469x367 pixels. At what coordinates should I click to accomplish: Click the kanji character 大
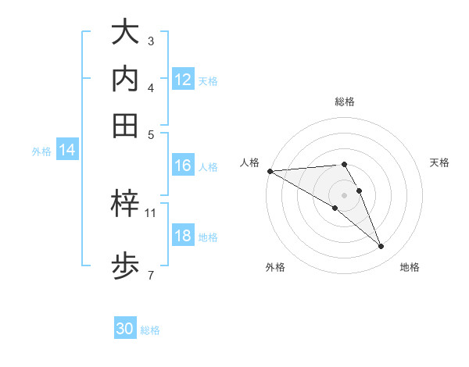(x=126, y=33)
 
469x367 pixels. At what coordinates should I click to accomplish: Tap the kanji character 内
(x=126, y=79)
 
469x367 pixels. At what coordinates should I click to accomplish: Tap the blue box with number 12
(x=183, y=79)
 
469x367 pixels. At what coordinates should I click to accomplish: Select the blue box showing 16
(x=183, y=166)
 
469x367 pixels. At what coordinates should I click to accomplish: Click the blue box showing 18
(x=183, y=236)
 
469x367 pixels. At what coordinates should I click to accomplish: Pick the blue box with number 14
(x=67, y=151)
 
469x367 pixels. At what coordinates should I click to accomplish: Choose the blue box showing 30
(x=125, y=329)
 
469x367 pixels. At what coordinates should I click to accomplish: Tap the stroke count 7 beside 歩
(x=150, y=274)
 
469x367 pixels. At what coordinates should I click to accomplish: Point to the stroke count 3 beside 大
(x=150, y=40)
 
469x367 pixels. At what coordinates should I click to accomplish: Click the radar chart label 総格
(x=345, y=102)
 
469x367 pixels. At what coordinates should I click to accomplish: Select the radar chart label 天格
(x=439, y=162)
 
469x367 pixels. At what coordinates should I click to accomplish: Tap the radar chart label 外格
(x=275, y=267)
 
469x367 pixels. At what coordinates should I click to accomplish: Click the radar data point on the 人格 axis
(x=270, y=171)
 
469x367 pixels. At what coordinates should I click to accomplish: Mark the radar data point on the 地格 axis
(x=381, y=246)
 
